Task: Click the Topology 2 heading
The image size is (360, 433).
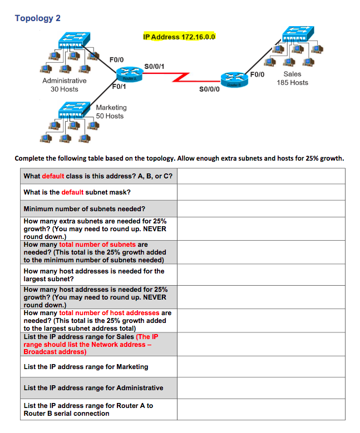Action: click(x=38, y=18)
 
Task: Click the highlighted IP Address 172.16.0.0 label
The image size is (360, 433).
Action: click(x=179, y=37)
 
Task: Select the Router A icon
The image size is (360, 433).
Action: click(x=129, y=74)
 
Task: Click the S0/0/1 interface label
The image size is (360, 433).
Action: click(x=154, y=67)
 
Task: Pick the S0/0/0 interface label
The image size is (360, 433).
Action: click(x=209, y=88)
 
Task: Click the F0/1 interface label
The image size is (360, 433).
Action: click(x=119, y=86)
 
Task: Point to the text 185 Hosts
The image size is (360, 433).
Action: click(x=292, y=83)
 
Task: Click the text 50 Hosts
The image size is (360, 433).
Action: click(x=110, y=116)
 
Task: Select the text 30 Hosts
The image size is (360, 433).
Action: click(x=65, y=89)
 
